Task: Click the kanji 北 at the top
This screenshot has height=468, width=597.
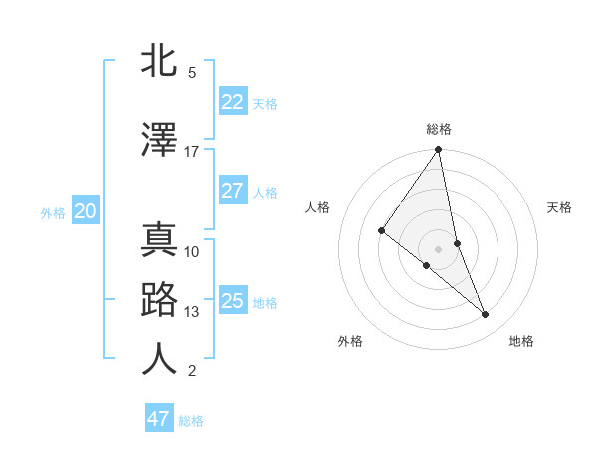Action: [160, 61]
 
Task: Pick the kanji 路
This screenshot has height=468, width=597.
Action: [160, 300]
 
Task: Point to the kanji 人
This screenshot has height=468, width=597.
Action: [160, 359]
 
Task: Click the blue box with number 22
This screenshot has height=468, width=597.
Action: [233, 102]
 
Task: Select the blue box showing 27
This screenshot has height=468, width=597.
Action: [233, 191]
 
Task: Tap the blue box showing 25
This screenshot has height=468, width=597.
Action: [233, 301]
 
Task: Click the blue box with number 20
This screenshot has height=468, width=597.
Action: [85, 211]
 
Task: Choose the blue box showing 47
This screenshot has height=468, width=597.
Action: [159, 419]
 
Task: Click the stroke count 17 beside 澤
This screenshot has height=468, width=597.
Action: [192, 152]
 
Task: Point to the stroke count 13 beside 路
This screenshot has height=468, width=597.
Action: [192, 312]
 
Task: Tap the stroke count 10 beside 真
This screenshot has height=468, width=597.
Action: [192, 251]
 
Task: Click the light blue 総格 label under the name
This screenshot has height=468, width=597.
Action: [191, 421]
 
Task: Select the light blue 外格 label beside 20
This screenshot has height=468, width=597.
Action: [53, 212]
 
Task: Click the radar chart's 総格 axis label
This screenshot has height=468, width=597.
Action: [439, 129]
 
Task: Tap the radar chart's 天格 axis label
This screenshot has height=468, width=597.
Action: [560, 207]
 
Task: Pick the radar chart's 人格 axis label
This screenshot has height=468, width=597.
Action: [318, 207]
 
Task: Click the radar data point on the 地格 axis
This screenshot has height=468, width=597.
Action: [486, 314]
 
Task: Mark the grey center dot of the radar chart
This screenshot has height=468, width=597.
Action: [439, 248]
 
